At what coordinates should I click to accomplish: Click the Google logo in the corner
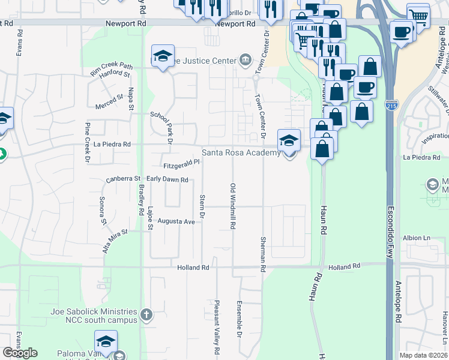(x=20, y=353)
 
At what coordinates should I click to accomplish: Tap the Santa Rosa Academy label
(x=241, y=152)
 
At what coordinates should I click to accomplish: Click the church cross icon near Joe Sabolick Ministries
(x=146, y=314)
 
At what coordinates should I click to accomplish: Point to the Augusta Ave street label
(x=176, y=221)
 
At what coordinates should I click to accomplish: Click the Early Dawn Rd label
(x=167, y=179)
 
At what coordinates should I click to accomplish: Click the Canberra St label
(x=122, y=179)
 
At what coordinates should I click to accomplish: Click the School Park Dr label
(x=161, y=127)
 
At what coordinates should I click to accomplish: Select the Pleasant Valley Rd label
(x=217, y=326)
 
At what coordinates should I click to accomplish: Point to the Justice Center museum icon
(x=245, y=60)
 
